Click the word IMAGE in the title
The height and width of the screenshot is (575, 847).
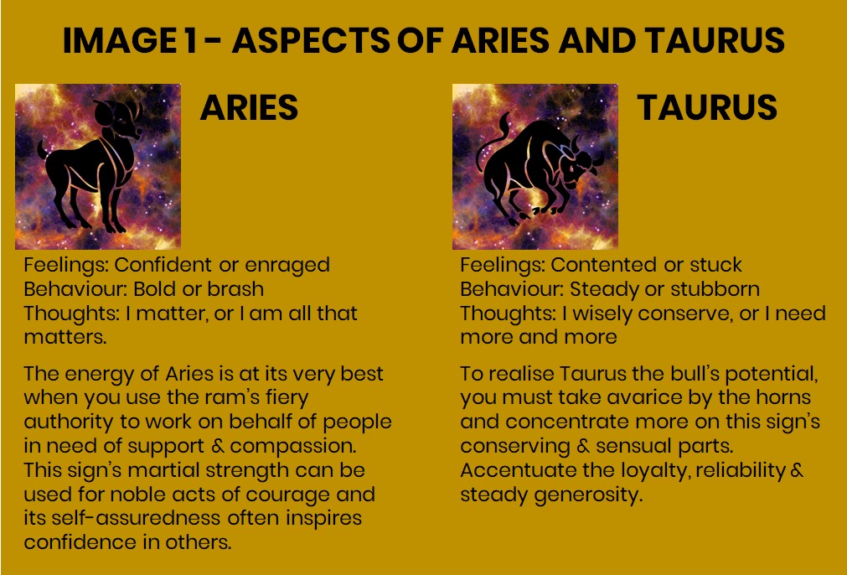(x=120, y=40)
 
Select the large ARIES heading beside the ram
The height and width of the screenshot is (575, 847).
(x=249, y=107)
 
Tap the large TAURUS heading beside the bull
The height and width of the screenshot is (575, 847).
(x=707, y=107)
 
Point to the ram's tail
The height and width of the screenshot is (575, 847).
(x=42, y=149)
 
